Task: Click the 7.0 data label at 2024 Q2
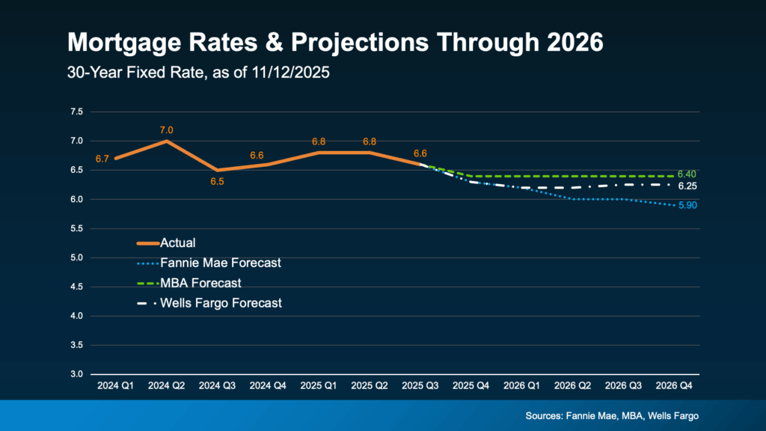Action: (166, 130)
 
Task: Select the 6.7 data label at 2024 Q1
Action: (102, 159)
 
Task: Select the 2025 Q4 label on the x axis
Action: (473, 386)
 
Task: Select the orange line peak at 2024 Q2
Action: (166, 141)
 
